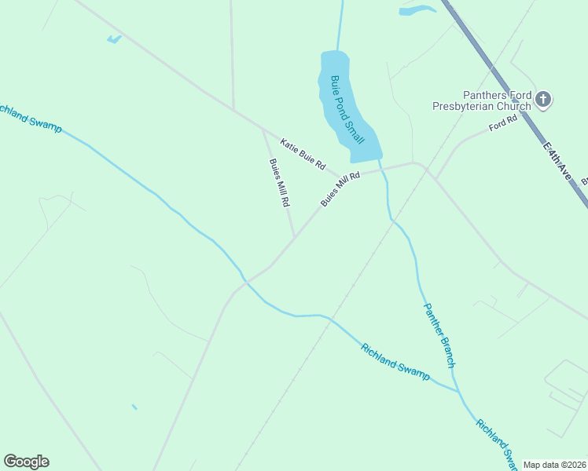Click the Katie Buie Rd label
point(303,153)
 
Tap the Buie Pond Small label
point(347,109)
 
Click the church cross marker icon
point(542,100)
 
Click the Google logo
point(26,462)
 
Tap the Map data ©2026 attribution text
point(554,465)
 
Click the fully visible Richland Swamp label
point(395,362)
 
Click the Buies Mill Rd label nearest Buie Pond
point(340,189)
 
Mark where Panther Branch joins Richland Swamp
point(458,390)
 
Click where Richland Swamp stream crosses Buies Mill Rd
point(246,280)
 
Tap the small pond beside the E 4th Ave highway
point(417,10)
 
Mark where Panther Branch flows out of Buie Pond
point(380,160)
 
